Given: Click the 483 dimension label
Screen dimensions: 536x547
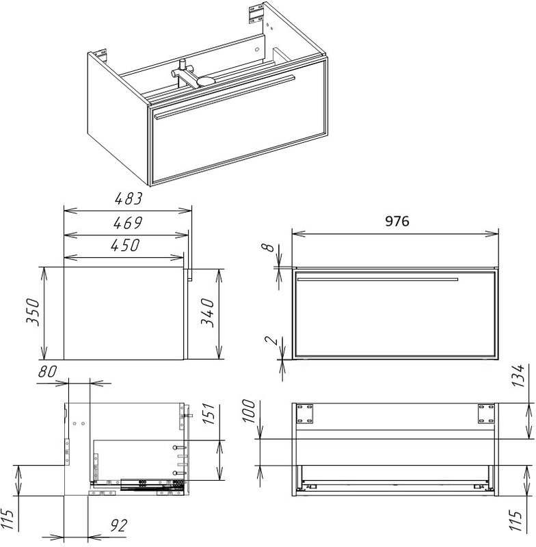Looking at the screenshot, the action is click(129, 198).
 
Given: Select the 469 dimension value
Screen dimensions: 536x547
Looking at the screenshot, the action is click(128, 223).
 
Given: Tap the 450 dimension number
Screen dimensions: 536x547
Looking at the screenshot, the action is click(125, 245).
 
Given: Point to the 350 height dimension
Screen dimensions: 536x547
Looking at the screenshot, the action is click(33, 312).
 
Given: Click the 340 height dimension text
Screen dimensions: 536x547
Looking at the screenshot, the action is click(208, 312).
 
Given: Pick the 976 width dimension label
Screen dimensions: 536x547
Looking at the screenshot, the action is click(397, 221).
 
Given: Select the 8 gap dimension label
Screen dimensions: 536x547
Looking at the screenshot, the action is click(268, 247).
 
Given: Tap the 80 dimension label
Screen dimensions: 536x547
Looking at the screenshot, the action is click(47, 371).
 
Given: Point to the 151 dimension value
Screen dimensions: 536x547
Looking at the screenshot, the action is click(209, 414).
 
